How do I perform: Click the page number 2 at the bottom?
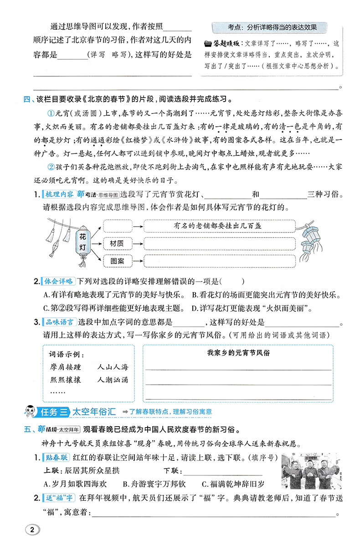(x=31, y=530)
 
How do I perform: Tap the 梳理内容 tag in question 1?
(x=59, y=195)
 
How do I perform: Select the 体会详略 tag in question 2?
(x=59, y=281)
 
